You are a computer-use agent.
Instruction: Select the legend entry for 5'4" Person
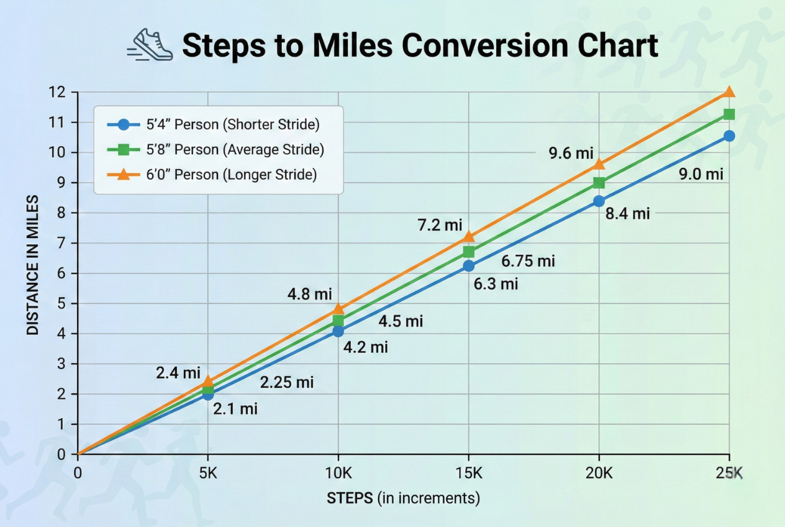[x=214, y=124]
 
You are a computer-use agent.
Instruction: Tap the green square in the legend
[x=123, y=150]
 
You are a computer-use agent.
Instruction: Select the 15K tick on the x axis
[x=469, y=473]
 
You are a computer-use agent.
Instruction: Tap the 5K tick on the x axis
[x=208, y=473]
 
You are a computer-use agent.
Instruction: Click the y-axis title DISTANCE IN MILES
[x=34, y=265]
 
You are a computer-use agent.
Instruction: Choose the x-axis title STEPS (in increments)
[x=404, y=498]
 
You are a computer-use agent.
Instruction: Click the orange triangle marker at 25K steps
[x=729, y=92]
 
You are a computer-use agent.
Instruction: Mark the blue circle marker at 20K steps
[x=599, y=201]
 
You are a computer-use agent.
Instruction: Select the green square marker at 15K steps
[x=469, y=252]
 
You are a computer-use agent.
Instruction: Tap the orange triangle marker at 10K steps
[x=338, y=308]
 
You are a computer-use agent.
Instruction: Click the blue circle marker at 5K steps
[x=208, y=395]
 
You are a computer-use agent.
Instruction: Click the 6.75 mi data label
[x=528, y=261]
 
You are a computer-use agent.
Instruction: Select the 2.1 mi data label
[x=235, y=408]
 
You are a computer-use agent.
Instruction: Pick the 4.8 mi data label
[x=309, y=294]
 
